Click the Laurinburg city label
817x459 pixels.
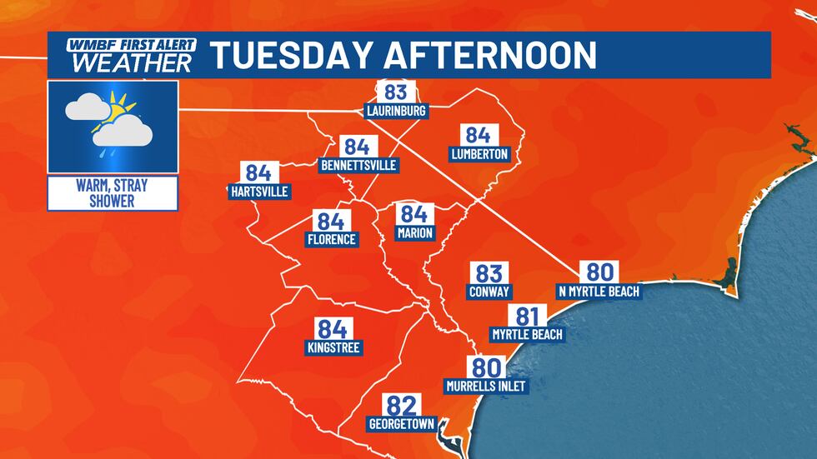click(396, 111)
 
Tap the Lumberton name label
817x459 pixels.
click(479, 154)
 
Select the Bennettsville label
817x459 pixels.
click(358, 166)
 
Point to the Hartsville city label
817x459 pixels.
click(258, 192)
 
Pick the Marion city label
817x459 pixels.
click(414, 233)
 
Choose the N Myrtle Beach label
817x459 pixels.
click(599, 292)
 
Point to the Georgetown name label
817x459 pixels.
click(401, 424)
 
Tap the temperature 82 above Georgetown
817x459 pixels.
click(401, 406)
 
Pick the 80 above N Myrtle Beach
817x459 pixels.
click(598, 272)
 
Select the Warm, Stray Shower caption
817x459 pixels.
click(112, 192)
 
